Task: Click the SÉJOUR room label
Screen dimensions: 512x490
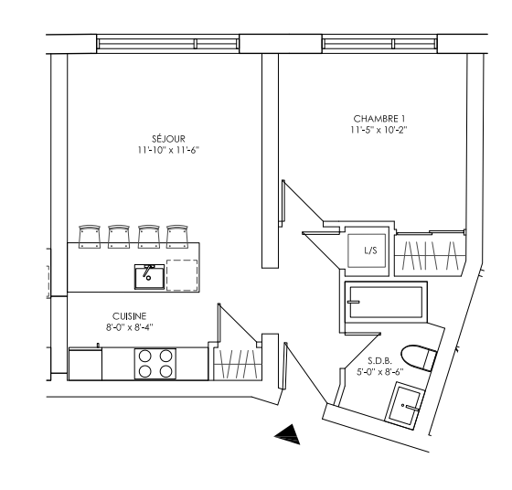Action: (x=168, y=139)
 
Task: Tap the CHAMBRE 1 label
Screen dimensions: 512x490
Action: (x=379, y=119)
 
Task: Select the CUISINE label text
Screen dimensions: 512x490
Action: (x=129, y=316)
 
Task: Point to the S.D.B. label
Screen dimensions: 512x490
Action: (x=379, y=361)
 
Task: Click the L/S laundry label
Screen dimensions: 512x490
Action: (x=370, y=250)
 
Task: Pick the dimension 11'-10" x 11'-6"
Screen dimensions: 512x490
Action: (x=168, y=151)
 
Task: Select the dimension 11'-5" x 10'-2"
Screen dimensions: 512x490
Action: (x=379, y=130)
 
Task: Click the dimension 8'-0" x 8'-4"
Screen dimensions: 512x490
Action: (x=129, y=327)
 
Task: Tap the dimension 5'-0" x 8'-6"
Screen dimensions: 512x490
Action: (x=380, y=371)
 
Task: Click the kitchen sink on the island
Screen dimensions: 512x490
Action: (x=149, y=277)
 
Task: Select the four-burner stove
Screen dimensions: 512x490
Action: (x=155, y=364)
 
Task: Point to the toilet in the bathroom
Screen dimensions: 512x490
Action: (x=419, y=358)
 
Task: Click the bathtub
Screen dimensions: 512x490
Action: (x=386, y=302)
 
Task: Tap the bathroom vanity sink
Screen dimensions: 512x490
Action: (x=405, y=405)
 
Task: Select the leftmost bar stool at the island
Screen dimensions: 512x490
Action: (x=90, y=237)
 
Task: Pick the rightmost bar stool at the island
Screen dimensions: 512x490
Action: (x=177, y=237)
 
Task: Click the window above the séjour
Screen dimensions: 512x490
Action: (x=168, y=43)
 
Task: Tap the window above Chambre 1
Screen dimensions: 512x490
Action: (x=379, y=43)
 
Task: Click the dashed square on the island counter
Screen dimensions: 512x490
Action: (x=182, y=275)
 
